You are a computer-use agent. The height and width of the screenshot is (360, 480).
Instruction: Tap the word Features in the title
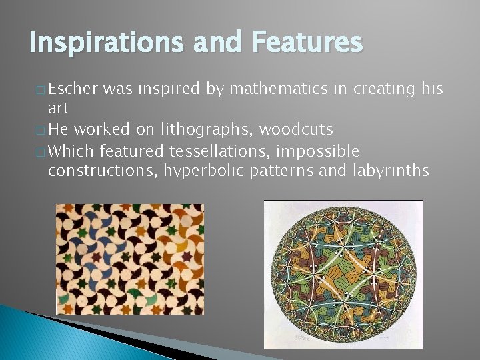[x=307, y=43]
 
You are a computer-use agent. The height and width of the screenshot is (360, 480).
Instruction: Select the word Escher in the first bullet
[x=73, y=89]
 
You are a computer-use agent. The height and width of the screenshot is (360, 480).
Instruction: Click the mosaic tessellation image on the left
[x=129, y=259]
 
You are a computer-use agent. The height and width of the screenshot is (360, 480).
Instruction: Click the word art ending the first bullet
[x=59, y=109]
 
